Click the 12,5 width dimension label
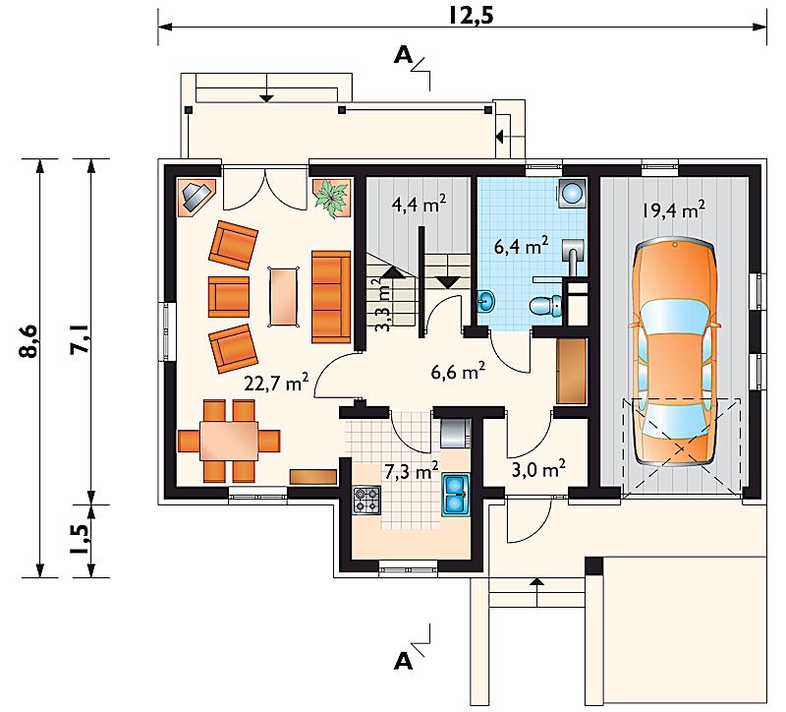point(471,15)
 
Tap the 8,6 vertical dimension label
point(29,340)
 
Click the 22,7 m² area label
point(276,383)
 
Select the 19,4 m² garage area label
point(674,209)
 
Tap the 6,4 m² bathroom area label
point(521,247)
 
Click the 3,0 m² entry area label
point(538,469)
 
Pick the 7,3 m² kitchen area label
point(412,471)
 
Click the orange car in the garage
point(675,353)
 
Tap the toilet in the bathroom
point(546,305)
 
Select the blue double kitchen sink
point(456,496)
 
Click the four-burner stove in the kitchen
point(366,500)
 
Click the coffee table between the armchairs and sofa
point(285,297)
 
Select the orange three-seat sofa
point(331,297)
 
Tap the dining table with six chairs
point(229,441)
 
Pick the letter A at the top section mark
point(404,55)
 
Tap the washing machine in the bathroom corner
point(572,193)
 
